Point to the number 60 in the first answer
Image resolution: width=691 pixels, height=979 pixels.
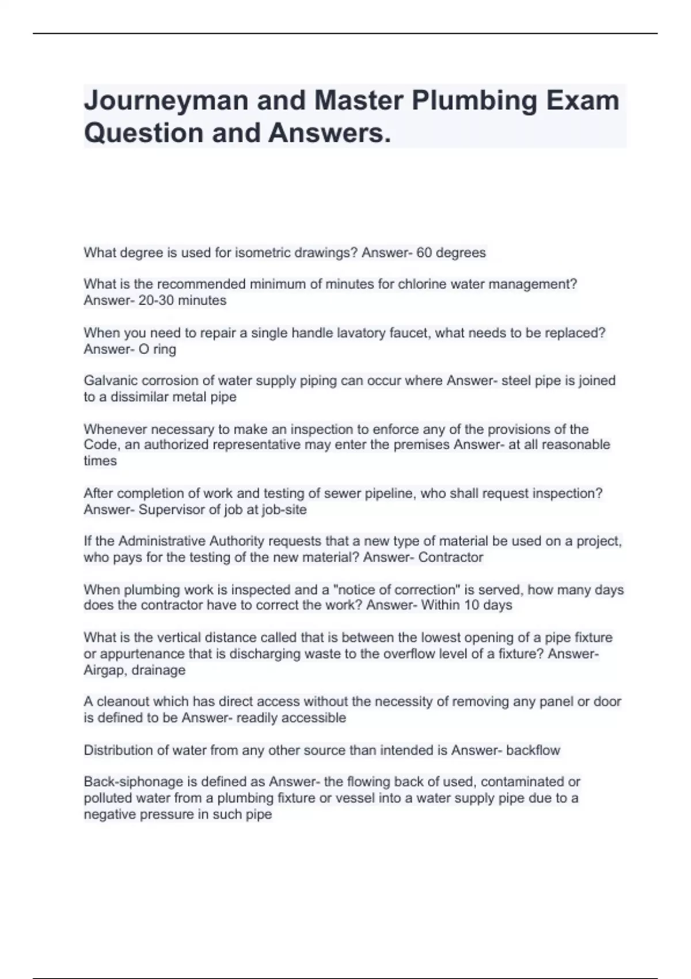pos(424,253)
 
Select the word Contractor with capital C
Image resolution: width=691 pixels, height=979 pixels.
pos(451,557)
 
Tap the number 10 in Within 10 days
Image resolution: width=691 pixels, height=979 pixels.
pos(472,605)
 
